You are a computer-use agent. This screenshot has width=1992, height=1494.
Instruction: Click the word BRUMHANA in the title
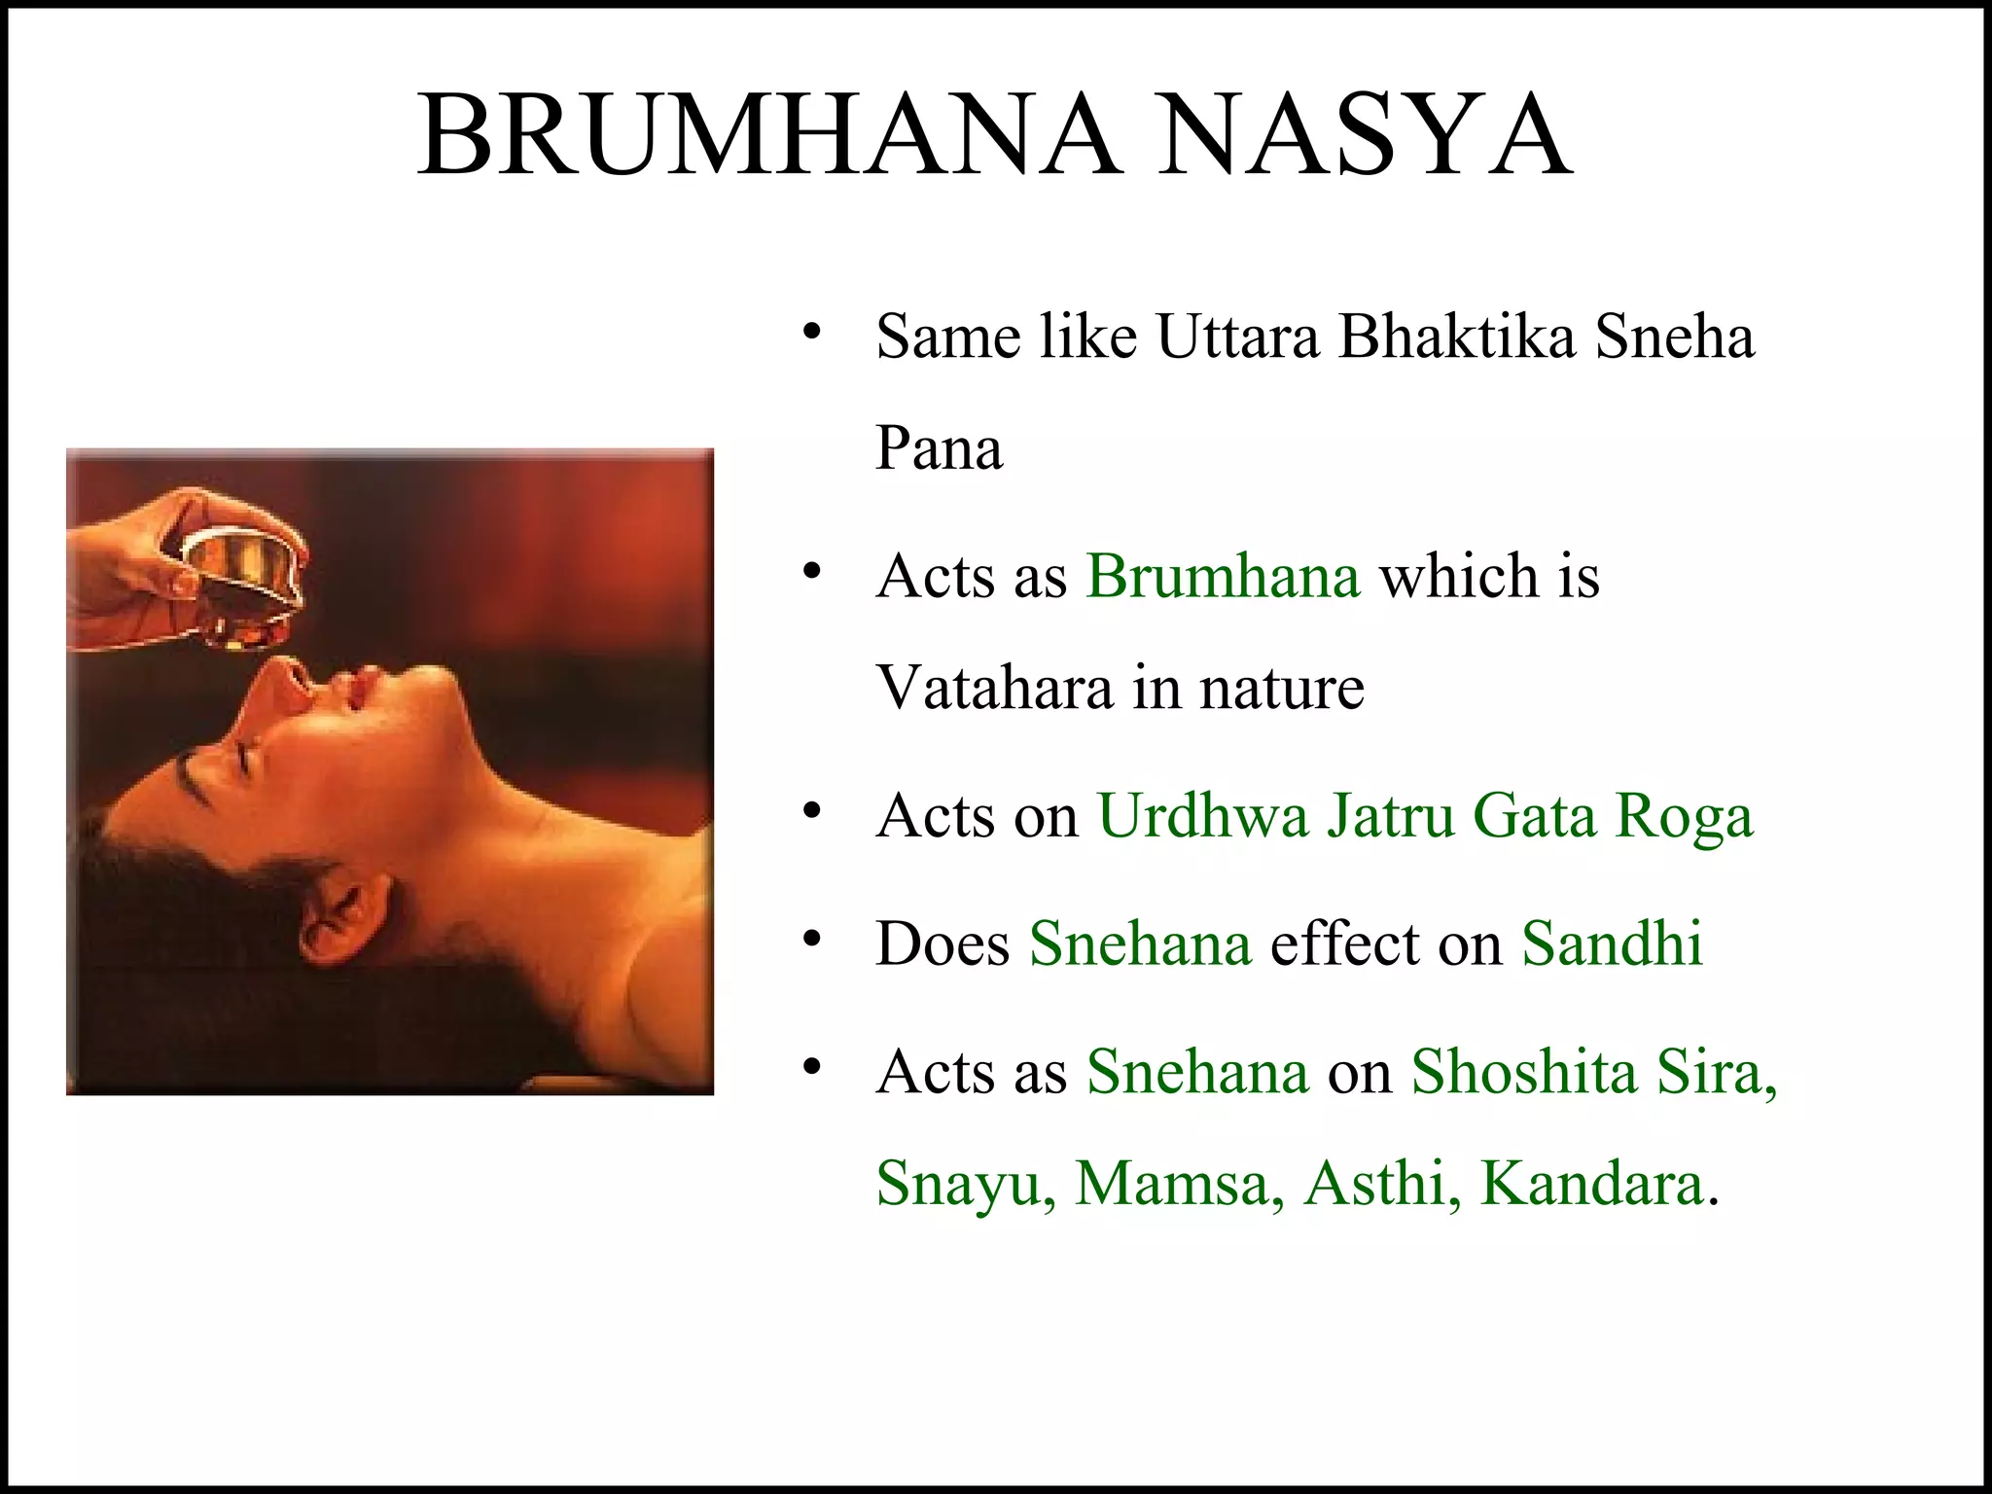[x=768, y=136]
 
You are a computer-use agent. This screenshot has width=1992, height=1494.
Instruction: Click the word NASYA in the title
[x=1362, y=136]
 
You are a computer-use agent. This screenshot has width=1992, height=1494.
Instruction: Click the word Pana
[x=939, y=449]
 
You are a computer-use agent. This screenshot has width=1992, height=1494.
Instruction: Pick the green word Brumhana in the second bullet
[x=1223, y=576]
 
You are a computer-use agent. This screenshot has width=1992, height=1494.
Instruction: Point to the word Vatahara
[x=993, y=688]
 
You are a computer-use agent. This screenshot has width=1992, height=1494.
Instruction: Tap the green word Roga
[x=1684, y=817]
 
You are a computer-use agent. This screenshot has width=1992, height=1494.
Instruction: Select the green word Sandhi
[x=1612, y=943]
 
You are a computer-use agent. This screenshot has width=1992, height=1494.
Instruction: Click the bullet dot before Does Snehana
[x=813, y=940]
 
